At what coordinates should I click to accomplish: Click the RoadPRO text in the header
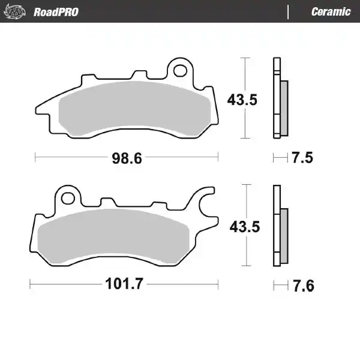coord(56,11)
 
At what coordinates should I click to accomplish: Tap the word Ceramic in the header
coord(331,11)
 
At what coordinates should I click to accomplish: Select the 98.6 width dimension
coord(126,158)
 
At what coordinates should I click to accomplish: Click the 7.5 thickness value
coord(303,158)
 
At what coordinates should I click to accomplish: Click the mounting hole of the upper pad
coord(179,71)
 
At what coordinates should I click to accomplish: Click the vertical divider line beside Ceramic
coord(289,11)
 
